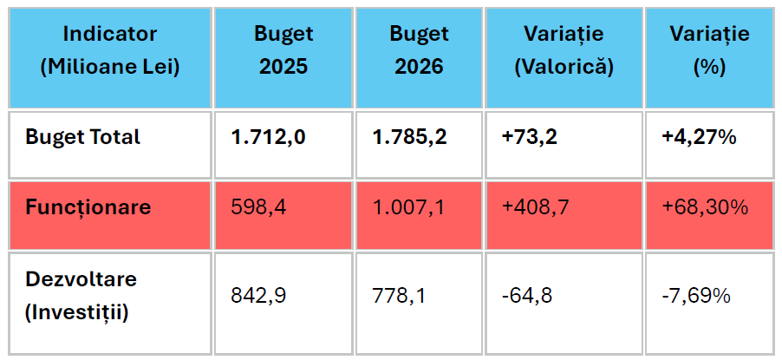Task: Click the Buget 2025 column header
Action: pos(283,50)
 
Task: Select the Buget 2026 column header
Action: pos(419,50)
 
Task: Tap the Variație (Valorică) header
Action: pos(564,50)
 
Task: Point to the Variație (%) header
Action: pos(709,50)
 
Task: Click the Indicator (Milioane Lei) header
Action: pos(110,50)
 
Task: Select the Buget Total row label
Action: pos(82,137)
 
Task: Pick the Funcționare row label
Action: pos(88,207)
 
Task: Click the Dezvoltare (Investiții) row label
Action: pos(81,296)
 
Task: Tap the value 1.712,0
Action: pos(268,137)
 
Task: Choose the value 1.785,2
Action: pos(410,137)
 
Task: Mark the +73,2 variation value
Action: pos(530,137)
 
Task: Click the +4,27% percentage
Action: pos(699,137)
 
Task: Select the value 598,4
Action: pos(258,207)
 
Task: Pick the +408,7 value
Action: pos(535,207)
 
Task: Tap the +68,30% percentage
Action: pos(704,207)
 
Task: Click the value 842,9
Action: pos(258,296)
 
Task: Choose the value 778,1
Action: pos(399,296)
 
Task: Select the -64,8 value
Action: pos(527,296)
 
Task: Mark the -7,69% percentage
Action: pos(695,296)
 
